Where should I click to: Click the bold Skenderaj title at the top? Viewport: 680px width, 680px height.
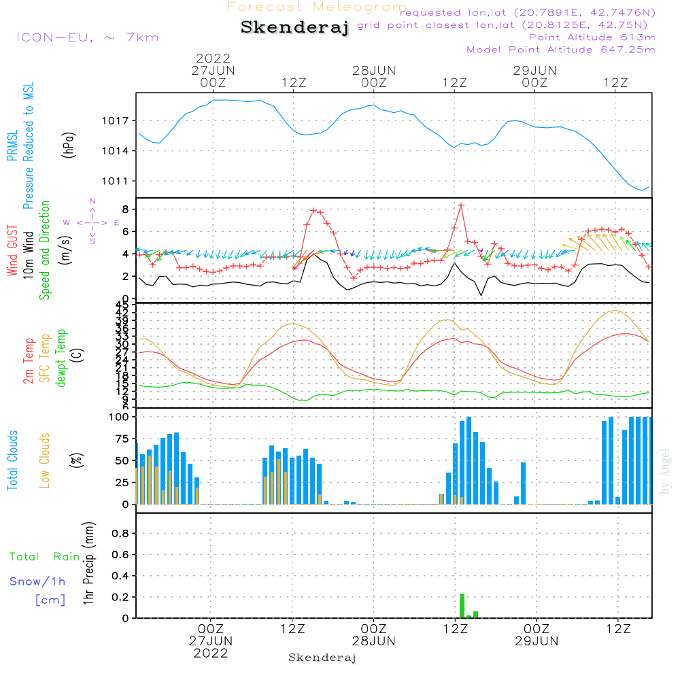(294, 28)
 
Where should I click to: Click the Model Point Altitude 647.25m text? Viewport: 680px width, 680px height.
(560, 50)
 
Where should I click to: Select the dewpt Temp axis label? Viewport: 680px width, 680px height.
(61, 358)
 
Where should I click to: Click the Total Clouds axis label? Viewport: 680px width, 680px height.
(12, 460)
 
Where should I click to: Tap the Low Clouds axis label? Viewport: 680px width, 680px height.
(45, 460)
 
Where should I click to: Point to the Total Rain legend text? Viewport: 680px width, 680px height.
(45, 557)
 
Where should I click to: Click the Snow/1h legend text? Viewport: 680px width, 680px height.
(38, 581)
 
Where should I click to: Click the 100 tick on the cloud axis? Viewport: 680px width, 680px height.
(120, 416)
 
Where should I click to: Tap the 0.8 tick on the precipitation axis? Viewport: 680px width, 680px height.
(120, 534)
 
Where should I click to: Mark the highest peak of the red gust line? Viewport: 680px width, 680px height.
(461, 205)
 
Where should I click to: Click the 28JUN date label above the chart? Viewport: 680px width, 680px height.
(373, 71)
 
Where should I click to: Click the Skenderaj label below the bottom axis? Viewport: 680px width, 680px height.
(322, 658)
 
